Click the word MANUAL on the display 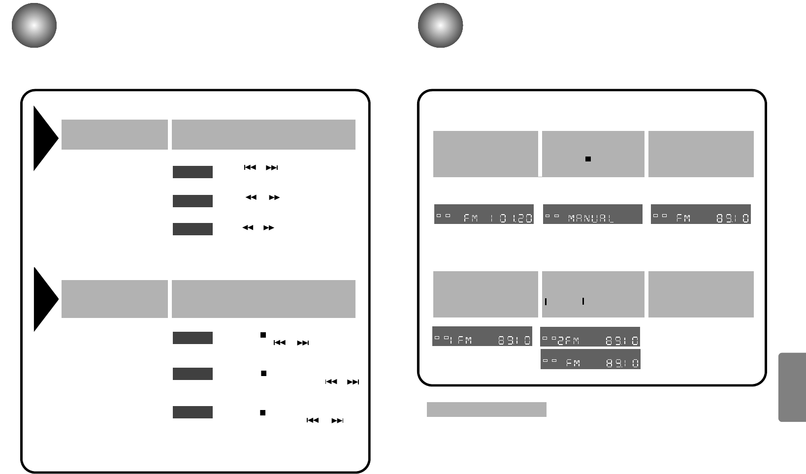tap(591, 218)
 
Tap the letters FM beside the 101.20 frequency tap(471, 218)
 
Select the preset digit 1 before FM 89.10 tap(451, 340)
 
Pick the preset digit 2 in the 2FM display tap(561, 341)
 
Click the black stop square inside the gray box tap(588, 159)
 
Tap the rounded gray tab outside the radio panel tap(792, 387)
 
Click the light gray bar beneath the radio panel tap(486, 410)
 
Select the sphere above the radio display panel tap(440, 26)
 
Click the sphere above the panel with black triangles tap(34, 26)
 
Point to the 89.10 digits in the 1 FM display tap(514, 340)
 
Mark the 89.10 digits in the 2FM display tap(622, 341)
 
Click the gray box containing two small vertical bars tap(593, 294)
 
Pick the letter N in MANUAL tap(591, 218)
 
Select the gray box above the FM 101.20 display tap(485, 154)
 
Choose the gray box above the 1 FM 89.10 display tap(485, 294)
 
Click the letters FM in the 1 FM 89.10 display tap(465, 340)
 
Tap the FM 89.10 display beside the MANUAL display tap(701, 214)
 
